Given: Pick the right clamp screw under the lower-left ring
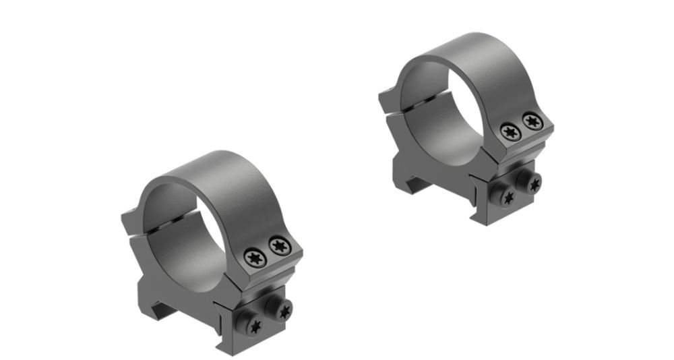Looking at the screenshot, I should pos(283,310).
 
